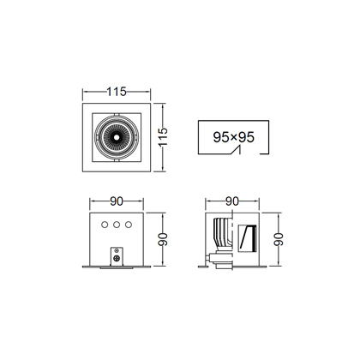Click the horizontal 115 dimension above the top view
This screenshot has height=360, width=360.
tap(117, 92)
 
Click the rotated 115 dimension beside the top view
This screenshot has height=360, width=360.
tap(163, 137)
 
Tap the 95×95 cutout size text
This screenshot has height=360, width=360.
tap(233, 137)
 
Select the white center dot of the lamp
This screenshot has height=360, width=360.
tap(117, 137)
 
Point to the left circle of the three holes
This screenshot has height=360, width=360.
tap(105, 225)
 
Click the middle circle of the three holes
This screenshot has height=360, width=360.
tap(117, 225)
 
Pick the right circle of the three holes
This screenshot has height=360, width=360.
tap(129, 225)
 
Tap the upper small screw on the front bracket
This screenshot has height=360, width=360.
tap(117, 250)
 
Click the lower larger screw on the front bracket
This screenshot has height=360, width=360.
tap(117, 258)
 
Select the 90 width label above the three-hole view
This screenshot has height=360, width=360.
tap(117, 201)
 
